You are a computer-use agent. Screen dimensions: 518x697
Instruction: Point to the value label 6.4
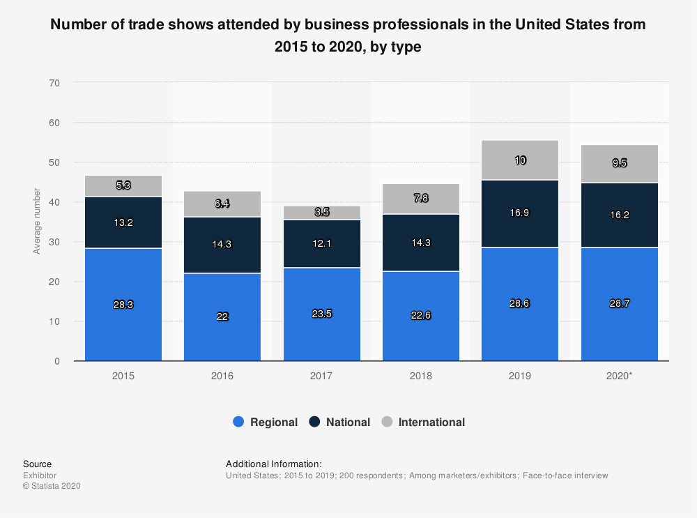222,204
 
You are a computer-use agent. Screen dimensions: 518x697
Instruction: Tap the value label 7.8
421,199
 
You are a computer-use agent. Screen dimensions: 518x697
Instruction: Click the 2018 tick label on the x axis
421,376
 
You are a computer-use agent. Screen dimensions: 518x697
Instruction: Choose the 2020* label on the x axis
620,376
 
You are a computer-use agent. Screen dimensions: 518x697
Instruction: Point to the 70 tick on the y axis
55,83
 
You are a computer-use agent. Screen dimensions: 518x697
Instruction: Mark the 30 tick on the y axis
55,242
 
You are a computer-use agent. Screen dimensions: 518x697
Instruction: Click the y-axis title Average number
37,221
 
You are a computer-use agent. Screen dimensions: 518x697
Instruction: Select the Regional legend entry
266,422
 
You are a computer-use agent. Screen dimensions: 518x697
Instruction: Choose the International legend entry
424,422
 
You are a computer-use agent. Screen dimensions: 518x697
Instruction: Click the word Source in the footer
37,464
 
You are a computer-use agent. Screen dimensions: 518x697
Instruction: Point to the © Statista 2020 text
52,486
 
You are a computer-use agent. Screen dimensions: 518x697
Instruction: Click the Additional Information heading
274,464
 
